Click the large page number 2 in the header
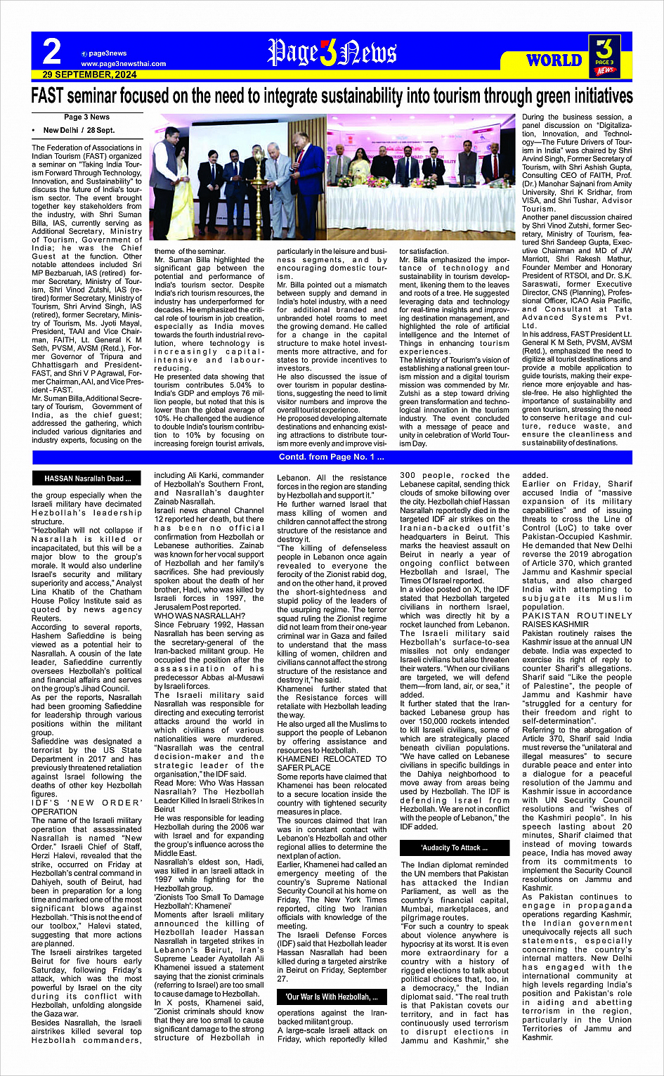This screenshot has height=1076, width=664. (x=52, y=51)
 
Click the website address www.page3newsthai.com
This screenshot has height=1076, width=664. (x=123, y=63)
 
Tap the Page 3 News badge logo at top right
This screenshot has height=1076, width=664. (x=604, y=56)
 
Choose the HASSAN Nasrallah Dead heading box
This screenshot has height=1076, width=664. (x=87, y=479)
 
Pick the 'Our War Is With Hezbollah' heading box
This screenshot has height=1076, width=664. (x=332, y=997)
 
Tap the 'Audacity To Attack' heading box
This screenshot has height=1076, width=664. (x=455, y=848)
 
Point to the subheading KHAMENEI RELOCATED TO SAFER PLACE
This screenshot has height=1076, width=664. (x=332, y=763)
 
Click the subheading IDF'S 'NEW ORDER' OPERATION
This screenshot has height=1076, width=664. (x=86, y=807)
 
